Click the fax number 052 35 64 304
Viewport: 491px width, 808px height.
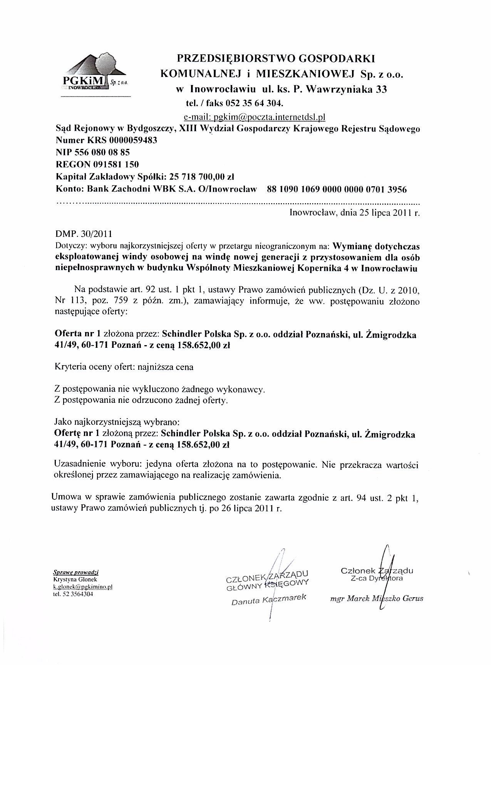point(254,104)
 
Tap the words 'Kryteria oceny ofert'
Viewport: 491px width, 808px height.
point(94,367)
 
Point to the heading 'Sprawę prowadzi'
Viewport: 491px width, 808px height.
point(76,573)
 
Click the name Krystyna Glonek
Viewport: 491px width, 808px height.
point(75,579)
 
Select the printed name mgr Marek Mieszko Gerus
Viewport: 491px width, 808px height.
point(377,599)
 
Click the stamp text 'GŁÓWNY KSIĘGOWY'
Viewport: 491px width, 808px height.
point(268,584)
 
